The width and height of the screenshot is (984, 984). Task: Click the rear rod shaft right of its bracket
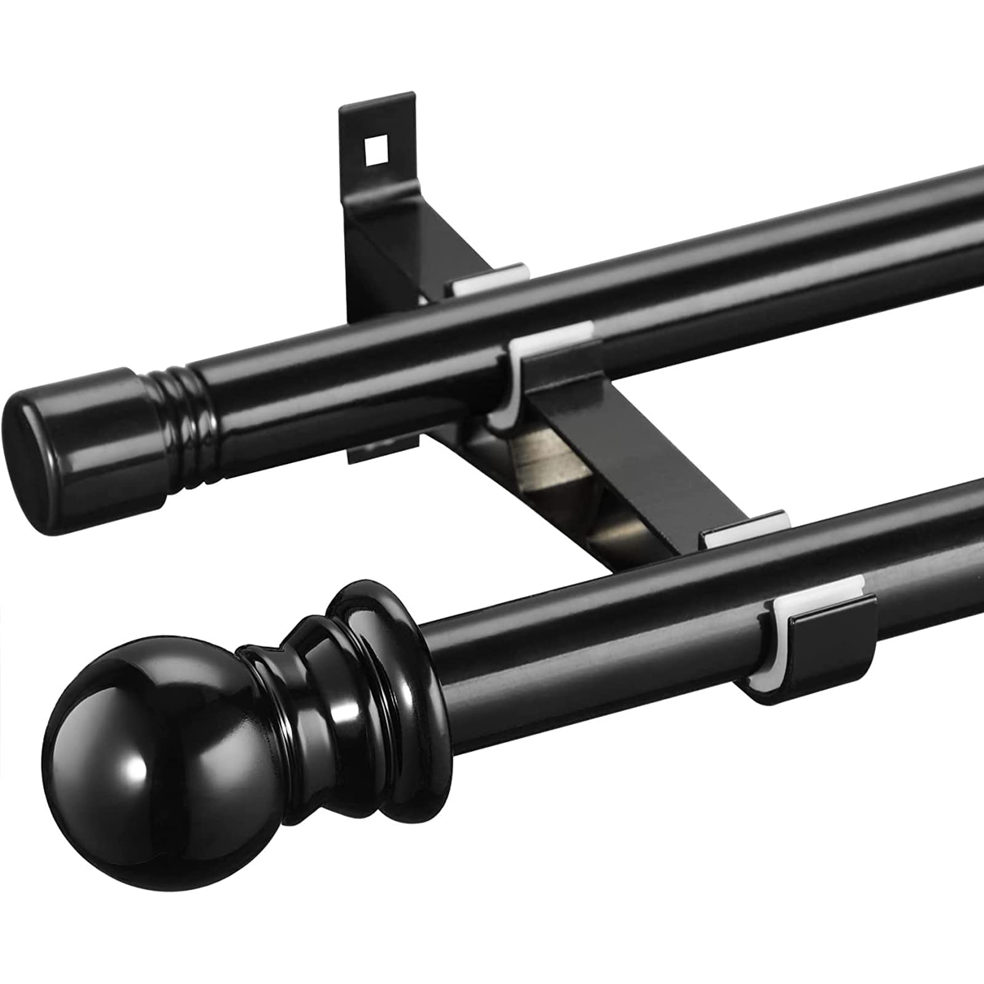coord(769,246)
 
